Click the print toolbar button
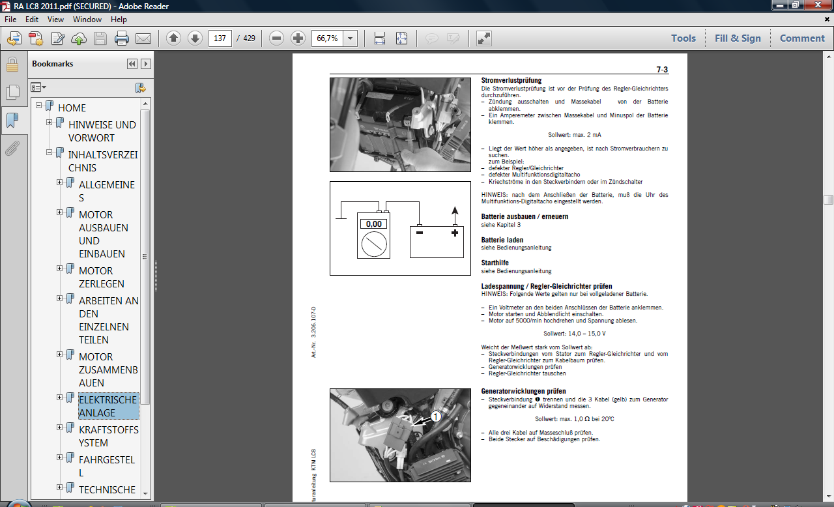click(121, 38)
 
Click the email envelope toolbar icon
click(143, 38)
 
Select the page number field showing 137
click(220, 38)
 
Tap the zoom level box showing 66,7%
click(328, 38)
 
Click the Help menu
click(119, 20)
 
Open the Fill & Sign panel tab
click(738, 38)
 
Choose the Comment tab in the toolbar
click(802, 38)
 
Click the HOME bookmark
click(72, 108)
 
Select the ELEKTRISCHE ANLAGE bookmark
click(108, 406)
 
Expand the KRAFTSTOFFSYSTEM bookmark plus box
click(59, 427)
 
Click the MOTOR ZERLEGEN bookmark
click(101, 278)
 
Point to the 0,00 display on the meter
click(373, 224)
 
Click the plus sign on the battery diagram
click(455, 233)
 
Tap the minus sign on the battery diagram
click(420, 233)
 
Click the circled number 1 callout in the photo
click(436, 416)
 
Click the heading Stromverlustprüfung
click(511, 80)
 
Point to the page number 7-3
click(662, 70)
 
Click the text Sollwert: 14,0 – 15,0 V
click(575, 334)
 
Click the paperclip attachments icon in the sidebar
click(12, 148)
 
